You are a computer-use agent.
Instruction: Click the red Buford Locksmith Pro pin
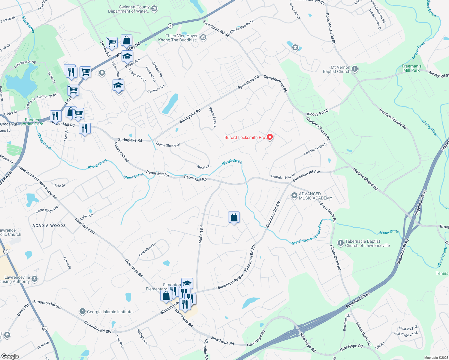click(x=270, y=137)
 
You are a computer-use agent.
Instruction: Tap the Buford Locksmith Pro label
click(x=245, y=137)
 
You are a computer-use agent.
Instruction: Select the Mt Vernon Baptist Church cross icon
click(x=355, y=69)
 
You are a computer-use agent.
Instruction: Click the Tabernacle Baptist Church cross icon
click(x=340, y=243)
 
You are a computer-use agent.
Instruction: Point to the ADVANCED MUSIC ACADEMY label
click(x=315, y=196)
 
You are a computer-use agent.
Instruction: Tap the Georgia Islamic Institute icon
click(x=83, y=311)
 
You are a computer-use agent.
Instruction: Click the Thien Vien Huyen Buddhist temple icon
click(x=203, y=37)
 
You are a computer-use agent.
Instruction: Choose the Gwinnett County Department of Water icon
click(x=154, y=9)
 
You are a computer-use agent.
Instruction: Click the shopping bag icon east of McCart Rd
click(x=234, y=217)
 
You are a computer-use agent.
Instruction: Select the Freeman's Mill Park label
click(x=411, y=68)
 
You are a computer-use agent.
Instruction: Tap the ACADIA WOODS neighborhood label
click(x=49, y=226)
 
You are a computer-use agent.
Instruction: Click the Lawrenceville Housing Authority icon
click(x=35, y=279)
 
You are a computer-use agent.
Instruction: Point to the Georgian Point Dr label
click(x=315, y=149)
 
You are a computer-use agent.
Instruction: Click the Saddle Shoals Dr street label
click(x=167, y=145)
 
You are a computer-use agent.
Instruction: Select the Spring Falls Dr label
click(x=212, y=117)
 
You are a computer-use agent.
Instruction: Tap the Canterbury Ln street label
click(x=147, y=250)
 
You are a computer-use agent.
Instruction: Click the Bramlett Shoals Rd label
click(x=392, y=118)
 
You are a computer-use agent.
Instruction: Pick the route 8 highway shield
click(x=170, y=26)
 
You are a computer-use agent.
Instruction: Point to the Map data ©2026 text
click(x=435, y=358)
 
